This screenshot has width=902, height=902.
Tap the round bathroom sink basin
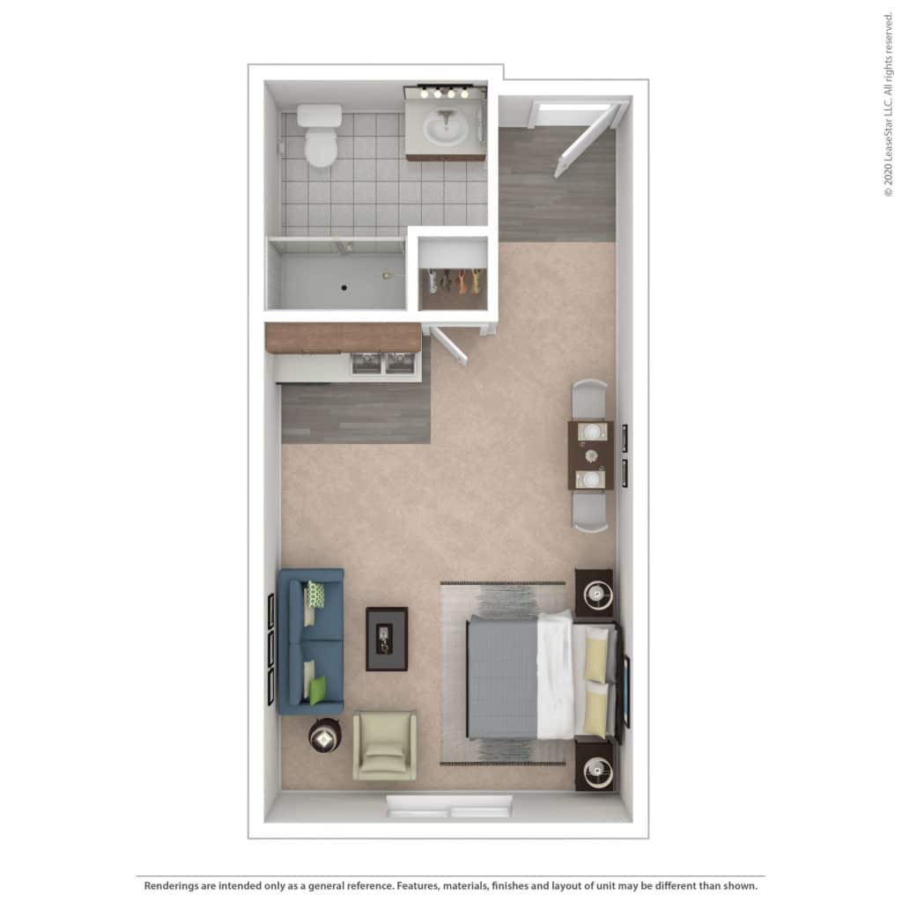point(446,128)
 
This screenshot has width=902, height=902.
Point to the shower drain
point(344,288)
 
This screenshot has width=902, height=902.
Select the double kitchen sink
point(383,364)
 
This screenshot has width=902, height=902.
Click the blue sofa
point(311,641)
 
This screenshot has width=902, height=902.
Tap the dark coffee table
point(388,640)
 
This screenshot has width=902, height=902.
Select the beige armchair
point(384,745)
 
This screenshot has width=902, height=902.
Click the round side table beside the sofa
point(324,737)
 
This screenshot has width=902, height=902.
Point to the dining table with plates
point(591,455)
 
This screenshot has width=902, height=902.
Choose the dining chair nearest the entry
point(589,399)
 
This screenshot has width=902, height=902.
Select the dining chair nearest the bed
point(590,512)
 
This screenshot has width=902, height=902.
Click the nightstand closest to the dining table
point(595,594)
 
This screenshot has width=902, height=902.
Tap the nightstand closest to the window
point(595,765)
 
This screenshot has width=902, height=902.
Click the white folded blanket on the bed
point(556,675)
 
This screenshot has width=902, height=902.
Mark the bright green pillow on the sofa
point(317,691)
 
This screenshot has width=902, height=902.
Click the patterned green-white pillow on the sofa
point(316,595)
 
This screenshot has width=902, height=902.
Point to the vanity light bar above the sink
point(445,92)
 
